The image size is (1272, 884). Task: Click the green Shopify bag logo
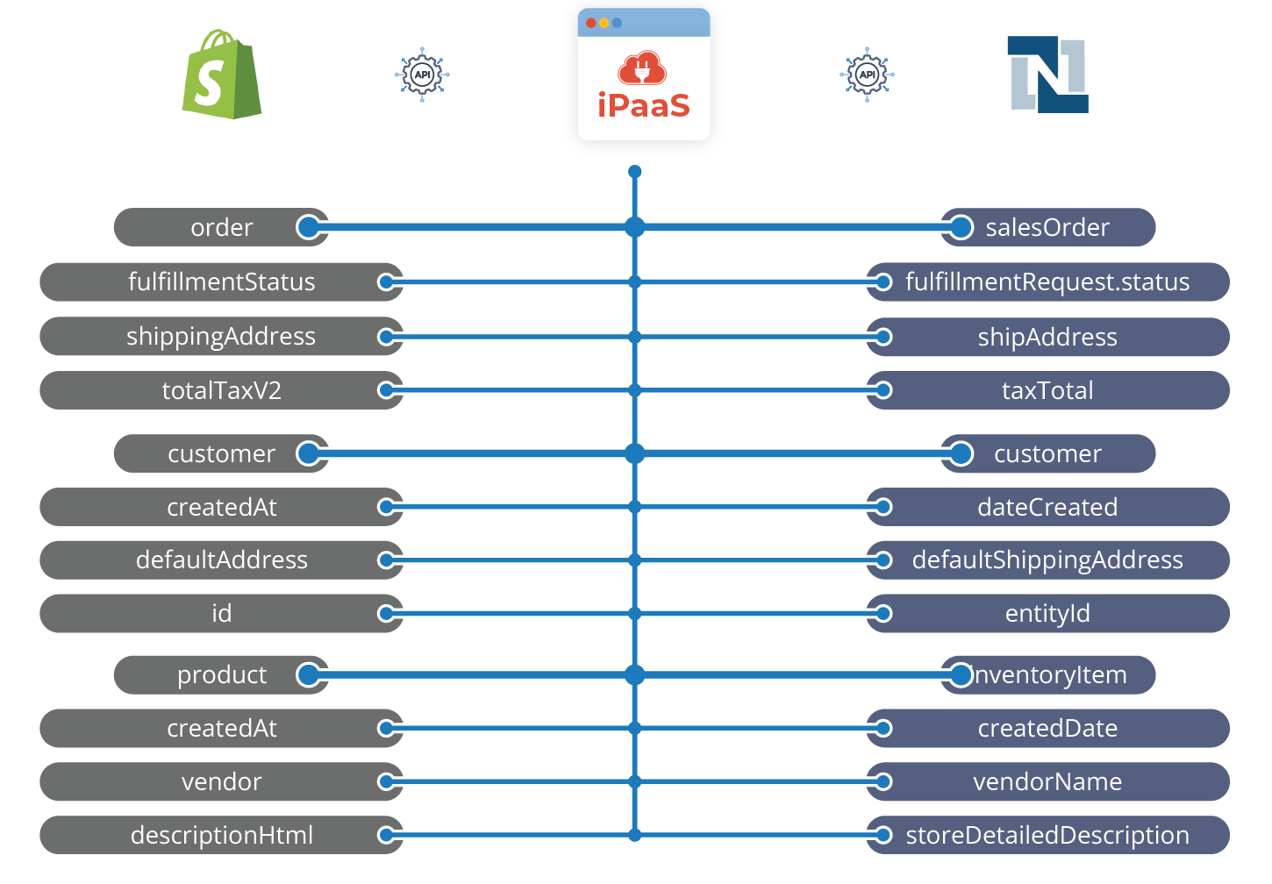[221, 75]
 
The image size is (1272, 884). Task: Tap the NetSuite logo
[1048, 75]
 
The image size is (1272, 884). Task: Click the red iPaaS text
[643, 105]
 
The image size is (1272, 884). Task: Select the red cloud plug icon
[642, 68]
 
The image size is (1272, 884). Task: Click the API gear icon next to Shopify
[422, 75]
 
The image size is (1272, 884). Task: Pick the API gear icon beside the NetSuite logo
[867, 75]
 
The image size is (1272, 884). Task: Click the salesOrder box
[1048, 227]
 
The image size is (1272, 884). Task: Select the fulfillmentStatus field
[221, 282]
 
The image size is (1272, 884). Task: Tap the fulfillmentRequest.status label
[1047, 282]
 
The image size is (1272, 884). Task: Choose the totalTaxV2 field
[221, 390]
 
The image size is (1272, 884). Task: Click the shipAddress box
[1048, 337]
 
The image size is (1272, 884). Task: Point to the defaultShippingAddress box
[1048, 560]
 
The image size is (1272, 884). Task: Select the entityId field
[1048, 613]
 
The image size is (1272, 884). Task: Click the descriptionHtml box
[221, 835]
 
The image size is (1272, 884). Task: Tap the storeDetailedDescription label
[1047, 835]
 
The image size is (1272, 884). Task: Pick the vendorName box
[1048, 781]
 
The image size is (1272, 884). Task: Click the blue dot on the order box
[308, 227]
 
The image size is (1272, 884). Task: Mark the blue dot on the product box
[308, 674]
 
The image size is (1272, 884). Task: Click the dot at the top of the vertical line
[635, 172]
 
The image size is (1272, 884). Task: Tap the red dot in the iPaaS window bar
[591, 23]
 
